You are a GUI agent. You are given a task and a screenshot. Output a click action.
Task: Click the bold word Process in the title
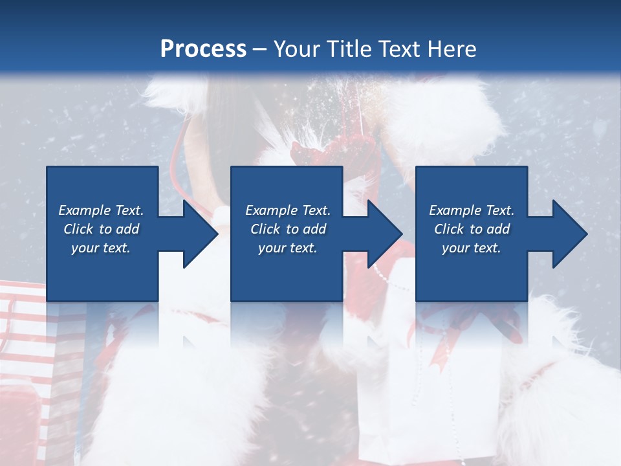tap(203, 49)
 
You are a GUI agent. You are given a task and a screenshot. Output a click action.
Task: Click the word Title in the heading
tap(343, 49)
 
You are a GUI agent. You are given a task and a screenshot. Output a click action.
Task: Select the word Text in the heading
tap(397, 49)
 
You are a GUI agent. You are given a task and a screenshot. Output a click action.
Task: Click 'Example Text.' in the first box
tap(101, 210)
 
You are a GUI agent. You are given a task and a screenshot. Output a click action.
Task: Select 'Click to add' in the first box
tap(101, 229)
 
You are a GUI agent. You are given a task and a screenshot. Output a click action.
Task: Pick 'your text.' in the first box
tap(101, 248)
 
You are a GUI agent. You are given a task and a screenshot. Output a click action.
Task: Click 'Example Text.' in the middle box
tap(288, 210)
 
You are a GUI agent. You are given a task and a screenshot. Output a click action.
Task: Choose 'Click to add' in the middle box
tap(288, 229)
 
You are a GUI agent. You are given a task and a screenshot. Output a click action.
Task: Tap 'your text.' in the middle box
tap(288, 248)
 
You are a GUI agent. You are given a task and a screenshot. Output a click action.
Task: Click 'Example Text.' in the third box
tap(472, 210)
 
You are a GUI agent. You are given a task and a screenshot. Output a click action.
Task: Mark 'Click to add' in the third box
tap(472, 229)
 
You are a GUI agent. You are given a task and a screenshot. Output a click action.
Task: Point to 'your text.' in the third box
tap(472, 248)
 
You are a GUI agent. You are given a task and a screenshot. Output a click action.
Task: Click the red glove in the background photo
tap(362, 155)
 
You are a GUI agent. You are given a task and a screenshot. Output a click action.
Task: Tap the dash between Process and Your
tap(260, 49)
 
